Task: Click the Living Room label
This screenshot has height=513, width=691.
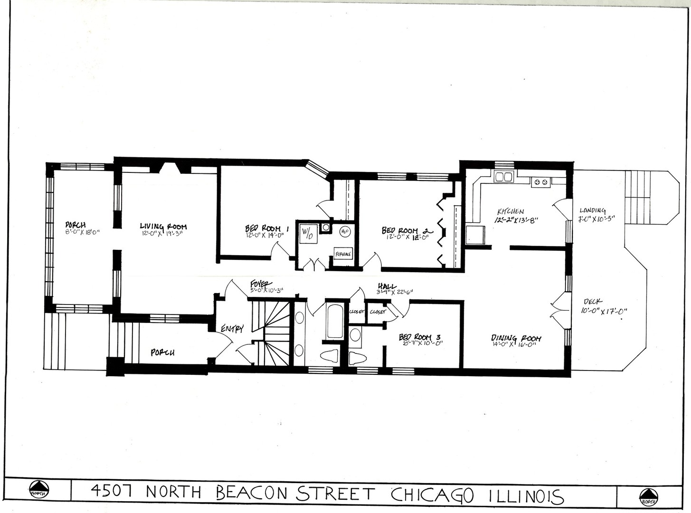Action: click(x=163, y=227)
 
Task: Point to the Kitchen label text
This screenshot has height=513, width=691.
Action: click(x=511, y=211)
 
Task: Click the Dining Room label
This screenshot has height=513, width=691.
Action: click(x=516, y=338)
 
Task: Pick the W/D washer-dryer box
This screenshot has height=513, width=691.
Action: click(x=308, y=234)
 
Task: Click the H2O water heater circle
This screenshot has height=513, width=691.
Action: click(x=344, y=232)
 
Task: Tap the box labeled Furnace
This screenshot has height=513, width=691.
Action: click(x=343, y=254)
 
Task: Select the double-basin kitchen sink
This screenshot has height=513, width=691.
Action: click(x=503, y=177)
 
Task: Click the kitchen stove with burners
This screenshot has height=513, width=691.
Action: click(x=540, y=181)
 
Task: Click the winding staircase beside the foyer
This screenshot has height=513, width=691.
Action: click(x=275, y=332)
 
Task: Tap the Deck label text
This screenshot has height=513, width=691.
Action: click(x=593, y=301)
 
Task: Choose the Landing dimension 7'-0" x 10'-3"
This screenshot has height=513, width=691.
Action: click(x=596, y=219)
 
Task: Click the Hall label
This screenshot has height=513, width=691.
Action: click(x=387, y=286)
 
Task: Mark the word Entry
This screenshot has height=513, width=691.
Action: click(x=232, y=328)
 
